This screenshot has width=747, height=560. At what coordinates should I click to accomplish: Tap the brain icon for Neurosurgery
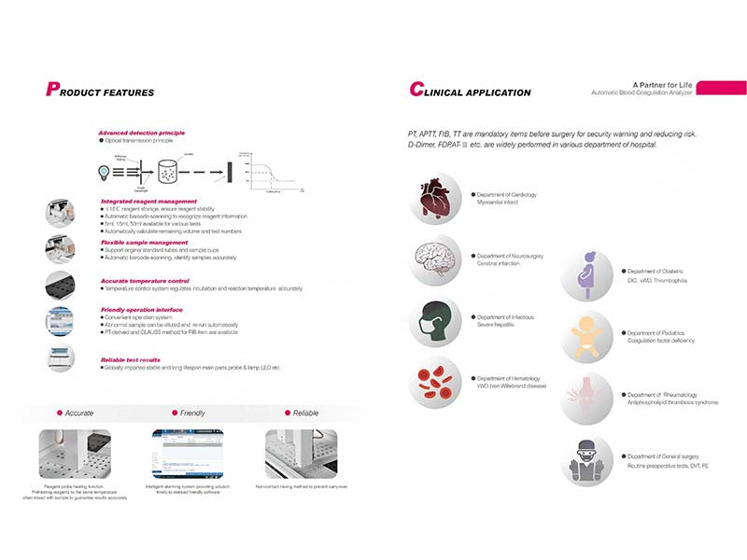pos(435,260)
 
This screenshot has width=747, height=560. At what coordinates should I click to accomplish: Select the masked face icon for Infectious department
pos(435,322)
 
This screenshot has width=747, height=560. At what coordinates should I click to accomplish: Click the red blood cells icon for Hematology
pos(435,382)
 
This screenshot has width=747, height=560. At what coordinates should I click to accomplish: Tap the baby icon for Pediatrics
pos(586,337)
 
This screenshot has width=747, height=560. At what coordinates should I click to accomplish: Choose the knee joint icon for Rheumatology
pos(586,399)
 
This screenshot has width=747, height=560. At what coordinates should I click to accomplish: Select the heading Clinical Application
pos(471,91)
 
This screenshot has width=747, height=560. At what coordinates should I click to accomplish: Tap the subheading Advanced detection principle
pos(142,133)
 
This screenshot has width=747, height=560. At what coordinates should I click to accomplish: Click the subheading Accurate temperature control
pos(145,281)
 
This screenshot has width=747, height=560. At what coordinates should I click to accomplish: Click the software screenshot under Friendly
pos(187,454)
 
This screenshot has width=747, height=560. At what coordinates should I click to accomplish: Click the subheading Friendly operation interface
pos(142,310)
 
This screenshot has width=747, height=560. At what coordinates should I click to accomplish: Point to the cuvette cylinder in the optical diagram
pos(169,172)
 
